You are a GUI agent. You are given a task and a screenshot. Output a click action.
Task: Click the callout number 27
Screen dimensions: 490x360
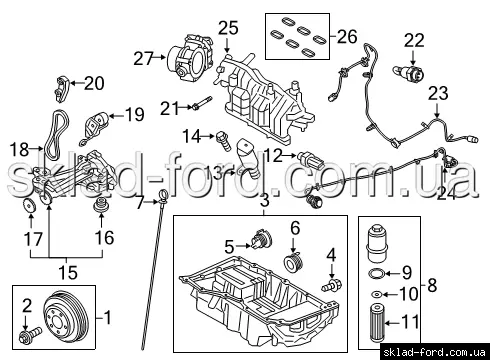tap(143, 59)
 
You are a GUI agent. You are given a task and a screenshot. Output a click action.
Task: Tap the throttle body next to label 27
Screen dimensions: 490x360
tap(190, 58)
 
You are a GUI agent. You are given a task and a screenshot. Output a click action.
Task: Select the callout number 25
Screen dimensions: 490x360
tap(229, 28)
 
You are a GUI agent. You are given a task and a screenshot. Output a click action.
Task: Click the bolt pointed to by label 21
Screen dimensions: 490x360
tap(201, 103)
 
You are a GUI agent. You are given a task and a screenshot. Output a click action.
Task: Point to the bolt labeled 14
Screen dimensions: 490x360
tap(224, 141)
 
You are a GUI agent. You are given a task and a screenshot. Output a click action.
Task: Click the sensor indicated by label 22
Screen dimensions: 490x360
tap(409, 73)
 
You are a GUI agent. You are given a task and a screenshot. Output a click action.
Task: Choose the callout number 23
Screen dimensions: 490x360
tap(438, 94)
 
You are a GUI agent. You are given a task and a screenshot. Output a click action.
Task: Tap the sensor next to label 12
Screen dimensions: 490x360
tap(311, 160)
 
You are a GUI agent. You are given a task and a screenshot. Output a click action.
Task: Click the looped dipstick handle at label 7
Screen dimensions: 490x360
tap(163, 195)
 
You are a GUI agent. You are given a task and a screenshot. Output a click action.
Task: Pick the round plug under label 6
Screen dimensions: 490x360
tap(292, 261)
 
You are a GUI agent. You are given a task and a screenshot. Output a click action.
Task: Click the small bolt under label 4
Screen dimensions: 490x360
tap(331, 285)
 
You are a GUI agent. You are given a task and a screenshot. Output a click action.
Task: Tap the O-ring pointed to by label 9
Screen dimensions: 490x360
tap(376, 274)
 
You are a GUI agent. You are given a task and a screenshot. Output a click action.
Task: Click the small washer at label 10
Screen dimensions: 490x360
tap(377, 295)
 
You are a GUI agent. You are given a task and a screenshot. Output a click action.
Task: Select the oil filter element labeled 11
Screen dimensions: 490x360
tap(377, 323)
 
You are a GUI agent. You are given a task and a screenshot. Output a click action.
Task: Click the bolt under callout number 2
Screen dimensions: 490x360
tap(31, 333)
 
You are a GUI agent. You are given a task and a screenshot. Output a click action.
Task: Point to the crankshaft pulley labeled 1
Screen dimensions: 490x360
tap(67, 317)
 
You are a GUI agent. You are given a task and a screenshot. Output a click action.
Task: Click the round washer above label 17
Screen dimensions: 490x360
tap(30, 205)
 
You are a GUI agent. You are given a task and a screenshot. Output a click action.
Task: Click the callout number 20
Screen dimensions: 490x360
tap(94, 83)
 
